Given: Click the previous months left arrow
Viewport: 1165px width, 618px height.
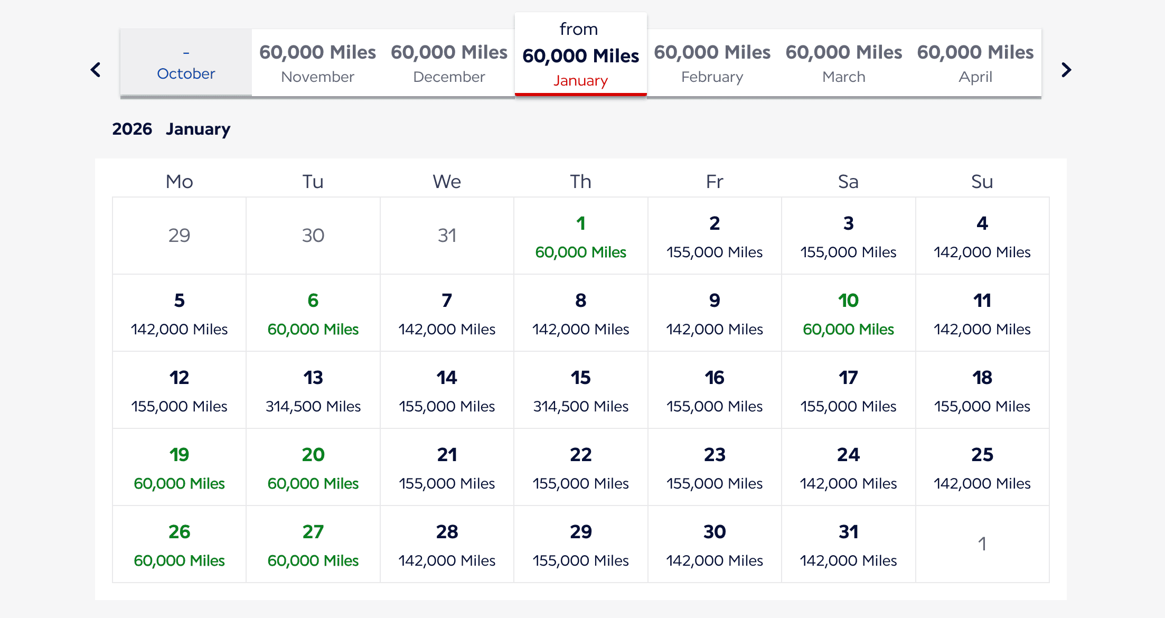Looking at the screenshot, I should pyautogui.click(x=96, y=70).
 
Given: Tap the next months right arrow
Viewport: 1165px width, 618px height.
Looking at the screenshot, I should pyautogui.click(x=1066, y=70).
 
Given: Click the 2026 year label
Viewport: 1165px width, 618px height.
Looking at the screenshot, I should pyautogui.click(x=132, y=129).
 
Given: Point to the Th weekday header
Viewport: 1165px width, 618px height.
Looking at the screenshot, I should pyautogui.click(x=580, y=182).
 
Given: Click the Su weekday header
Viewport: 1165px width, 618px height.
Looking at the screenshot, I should pyautogui.click(x=982, y=182).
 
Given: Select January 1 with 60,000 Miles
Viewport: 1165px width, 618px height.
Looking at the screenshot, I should pyautogui.click(x=580, y=237).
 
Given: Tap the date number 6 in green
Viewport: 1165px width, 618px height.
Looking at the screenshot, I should pyautogui.click(x=313, y=301).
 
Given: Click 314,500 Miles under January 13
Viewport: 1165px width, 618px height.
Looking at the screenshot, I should pyautogui.click(x=313, y=406).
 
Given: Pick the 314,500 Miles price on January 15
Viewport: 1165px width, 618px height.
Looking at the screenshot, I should pyautogui.click(x=580, y=406).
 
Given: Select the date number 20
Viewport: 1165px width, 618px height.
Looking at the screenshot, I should pyautogui.click(x=313, y=455).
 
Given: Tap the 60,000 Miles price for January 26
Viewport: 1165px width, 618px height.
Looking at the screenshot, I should pyautogui.click(x=179, y=560).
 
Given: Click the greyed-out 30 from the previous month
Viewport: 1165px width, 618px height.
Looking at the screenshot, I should pyautogui.click(x=313, y=235).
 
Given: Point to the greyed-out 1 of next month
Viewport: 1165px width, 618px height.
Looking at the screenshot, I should pyautogui.click(x=982, y=544).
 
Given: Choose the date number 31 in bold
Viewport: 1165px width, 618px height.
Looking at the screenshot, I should pyautogui.click(x=848, y=532).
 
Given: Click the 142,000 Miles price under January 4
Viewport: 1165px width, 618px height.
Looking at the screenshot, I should pyautogui.click(x=982, y=252).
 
